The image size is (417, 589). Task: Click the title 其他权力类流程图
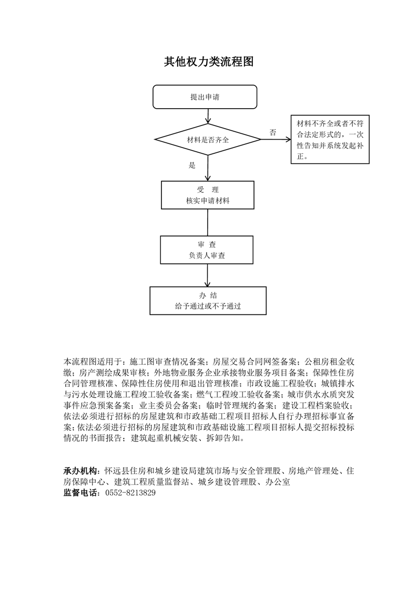208,61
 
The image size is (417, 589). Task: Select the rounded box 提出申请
205,97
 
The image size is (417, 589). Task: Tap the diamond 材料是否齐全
208,139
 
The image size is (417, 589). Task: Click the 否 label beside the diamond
273,132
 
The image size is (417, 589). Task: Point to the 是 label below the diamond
192,165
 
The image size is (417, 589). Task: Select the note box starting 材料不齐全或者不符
330,139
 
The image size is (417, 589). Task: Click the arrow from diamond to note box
276,139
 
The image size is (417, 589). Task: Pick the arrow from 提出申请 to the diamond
208,116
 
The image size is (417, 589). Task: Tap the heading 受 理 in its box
208,190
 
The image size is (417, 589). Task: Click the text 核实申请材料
208,201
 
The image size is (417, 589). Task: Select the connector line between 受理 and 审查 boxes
208,223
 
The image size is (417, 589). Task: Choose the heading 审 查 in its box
207,245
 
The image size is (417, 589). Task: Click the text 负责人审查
207,256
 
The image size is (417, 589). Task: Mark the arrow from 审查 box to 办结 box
207,276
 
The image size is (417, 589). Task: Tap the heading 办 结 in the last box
208,295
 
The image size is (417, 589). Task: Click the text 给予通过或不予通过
208,306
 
